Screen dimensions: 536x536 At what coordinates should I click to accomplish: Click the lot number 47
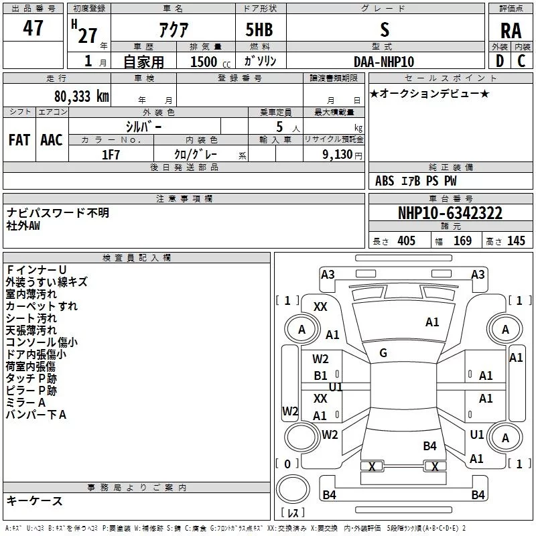click(33, 28)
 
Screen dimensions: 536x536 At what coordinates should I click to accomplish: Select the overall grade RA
click(511, 30)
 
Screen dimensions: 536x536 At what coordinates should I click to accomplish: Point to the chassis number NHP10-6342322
click(450, 213)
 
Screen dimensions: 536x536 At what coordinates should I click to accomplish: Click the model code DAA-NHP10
click(384, 62)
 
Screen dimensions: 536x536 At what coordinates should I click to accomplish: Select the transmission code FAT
click(19, 139)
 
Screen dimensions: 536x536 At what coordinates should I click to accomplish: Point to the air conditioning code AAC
click(52, 139)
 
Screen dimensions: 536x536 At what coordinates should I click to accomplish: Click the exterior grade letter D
click(499, 61)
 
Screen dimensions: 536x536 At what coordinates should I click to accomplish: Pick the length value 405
click(406, 241)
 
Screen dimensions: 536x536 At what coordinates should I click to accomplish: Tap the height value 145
click(516, 241)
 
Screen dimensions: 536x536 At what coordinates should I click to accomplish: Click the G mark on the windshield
click(383, 353)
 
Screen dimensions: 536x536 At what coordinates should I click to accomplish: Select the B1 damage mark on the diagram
click(321, 376)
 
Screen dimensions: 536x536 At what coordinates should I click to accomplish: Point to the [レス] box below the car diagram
click(293, 513)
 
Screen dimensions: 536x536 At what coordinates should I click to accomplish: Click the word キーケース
click(35, 500)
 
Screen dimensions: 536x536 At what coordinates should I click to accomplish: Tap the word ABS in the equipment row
click(385, 181)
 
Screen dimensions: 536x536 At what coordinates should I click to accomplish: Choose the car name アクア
click(173, 29)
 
